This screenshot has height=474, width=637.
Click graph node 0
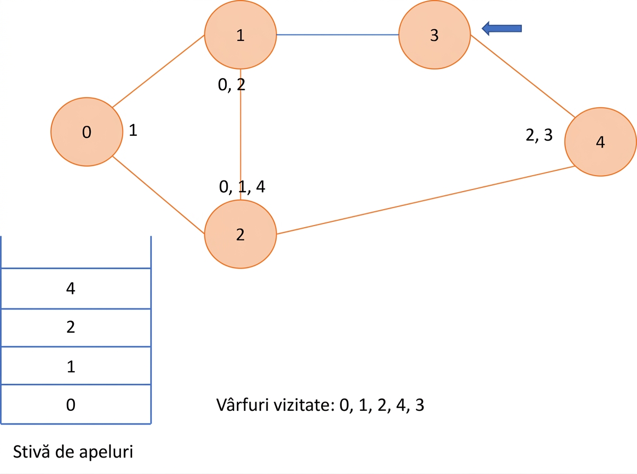(x=87, y=132)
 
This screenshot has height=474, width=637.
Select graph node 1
(x=240, y=35)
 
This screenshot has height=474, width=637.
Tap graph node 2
(x=240, y=235)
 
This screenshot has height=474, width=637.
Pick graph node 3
(x=435, y=35)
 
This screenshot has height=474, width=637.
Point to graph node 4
(x=600, y=142)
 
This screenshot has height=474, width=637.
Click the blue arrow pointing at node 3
(x=502, y=29)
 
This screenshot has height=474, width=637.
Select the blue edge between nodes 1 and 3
(x=338, y=35)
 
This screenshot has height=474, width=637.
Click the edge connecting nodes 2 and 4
(x=425, y=200)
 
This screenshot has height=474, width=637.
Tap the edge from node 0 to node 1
(x=158, y=71)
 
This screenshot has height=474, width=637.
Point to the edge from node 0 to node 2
(x=158, y=195)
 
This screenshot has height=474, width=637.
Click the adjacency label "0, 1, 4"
(x=242, y=187)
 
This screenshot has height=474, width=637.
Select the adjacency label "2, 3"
(x=539, y=135)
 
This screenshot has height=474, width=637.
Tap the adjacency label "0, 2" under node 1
(x=231, y=85)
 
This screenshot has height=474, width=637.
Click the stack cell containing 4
(x=76, y=288)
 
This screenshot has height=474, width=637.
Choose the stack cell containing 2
(x=76, y=328)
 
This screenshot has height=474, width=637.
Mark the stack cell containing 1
(x=76, y=365)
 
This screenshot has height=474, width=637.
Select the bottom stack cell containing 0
(x=76, y=404)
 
